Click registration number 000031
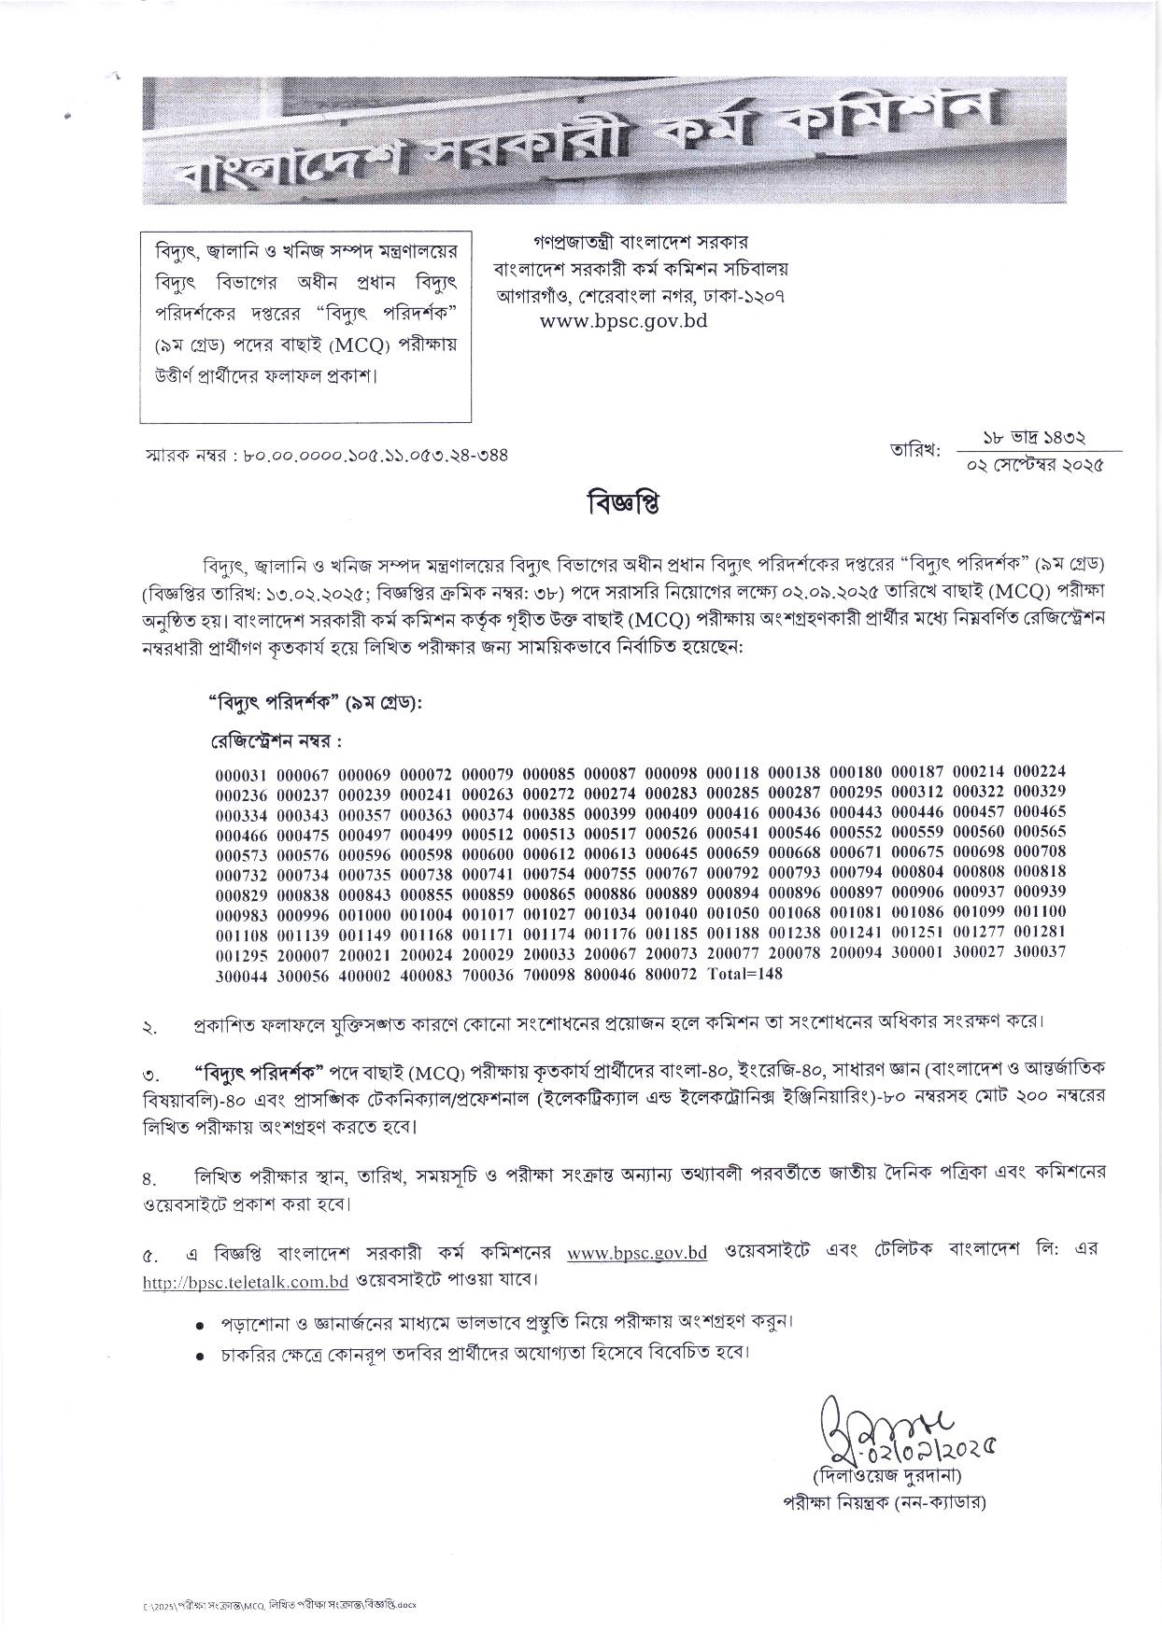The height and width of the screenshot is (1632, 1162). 241,774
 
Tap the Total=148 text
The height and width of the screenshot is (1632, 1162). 745,974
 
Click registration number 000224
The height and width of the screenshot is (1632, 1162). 1040,772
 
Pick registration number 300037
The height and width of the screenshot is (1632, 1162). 1040,951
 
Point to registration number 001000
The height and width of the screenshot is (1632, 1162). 364,912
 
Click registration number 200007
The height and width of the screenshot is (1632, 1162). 303,953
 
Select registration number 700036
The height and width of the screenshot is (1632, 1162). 488,975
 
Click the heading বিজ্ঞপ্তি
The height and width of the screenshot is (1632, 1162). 624,503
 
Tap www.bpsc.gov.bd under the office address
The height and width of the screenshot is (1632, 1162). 623,320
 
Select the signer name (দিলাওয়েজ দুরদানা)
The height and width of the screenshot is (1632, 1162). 886,1478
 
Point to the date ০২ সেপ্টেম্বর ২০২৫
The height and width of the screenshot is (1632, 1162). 1036,465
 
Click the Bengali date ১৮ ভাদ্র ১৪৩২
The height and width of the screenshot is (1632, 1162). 1033,438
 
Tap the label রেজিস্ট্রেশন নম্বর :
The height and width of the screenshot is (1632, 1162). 275,740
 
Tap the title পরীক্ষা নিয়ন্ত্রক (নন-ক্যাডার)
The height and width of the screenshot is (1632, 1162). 886,1503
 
